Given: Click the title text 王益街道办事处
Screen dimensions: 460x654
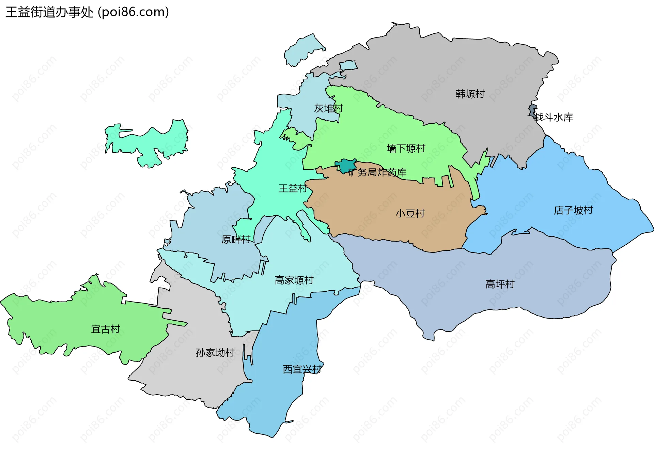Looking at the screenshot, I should point(49,12).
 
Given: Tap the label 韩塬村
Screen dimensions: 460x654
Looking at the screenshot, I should point(470,94).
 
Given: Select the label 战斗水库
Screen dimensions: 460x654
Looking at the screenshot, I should point(554,118).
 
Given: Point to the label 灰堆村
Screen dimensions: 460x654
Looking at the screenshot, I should point(328,108).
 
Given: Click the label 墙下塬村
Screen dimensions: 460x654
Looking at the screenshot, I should point(406,149).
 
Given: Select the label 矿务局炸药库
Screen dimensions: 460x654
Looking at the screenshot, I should point(377,172).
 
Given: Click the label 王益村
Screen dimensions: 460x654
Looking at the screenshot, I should point(293,188).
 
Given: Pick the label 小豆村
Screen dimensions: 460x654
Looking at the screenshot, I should point(410,214).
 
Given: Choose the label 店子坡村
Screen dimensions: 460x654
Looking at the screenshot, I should point(573,210).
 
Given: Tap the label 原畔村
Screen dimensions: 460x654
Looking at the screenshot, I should point(236,240).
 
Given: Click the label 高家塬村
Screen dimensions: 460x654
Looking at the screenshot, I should point(294,280).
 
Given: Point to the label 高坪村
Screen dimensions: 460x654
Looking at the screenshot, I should point(500,284).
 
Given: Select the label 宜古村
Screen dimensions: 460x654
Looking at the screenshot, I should point(106,329).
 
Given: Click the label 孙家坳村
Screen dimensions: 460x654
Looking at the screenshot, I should point(215,353).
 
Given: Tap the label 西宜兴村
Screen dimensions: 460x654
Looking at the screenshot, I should point(302,369).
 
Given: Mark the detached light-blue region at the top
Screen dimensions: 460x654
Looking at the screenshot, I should point(303,49).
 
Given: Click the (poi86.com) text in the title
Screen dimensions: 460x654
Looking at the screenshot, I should point(134,12).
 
